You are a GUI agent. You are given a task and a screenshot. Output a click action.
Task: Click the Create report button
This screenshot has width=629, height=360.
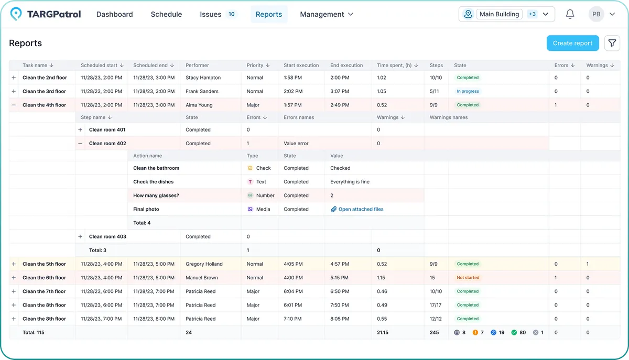coord(572,43)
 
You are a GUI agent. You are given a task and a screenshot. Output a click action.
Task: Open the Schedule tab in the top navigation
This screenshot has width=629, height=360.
coord(166,14)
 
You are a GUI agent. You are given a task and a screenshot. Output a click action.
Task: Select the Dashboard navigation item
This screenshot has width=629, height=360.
coord(114,14)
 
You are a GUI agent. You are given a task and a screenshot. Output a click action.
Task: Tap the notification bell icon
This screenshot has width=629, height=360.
coord(570,14)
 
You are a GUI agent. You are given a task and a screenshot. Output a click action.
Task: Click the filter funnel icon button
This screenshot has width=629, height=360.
coord(612,43)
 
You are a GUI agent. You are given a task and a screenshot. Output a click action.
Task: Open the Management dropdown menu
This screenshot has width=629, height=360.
coord(326,14)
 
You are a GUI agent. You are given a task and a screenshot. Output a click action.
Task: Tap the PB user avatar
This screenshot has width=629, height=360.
coord(596,14)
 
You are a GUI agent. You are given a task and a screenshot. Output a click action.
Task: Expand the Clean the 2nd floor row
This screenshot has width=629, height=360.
coord(14,78)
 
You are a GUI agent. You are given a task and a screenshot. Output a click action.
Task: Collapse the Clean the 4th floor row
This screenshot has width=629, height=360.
coord(14,105)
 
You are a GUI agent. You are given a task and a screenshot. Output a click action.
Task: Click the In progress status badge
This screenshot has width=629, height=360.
coord(468,91)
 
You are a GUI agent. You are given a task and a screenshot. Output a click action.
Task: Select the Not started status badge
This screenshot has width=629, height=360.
coord(468,278)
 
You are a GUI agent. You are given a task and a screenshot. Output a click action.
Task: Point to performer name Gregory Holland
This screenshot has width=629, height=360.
coord(204,264)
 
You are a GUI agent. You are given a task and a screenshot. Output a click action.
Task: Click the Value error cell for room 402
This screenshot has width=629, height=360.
coord(296,143)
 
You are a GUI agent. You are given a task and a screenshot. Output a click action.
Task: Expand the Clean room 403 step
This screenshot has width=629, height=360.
coord(80,236)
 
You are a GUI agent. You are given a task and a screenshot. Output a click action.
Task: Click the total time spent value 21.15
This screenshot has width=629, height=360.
coord(383,332)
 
